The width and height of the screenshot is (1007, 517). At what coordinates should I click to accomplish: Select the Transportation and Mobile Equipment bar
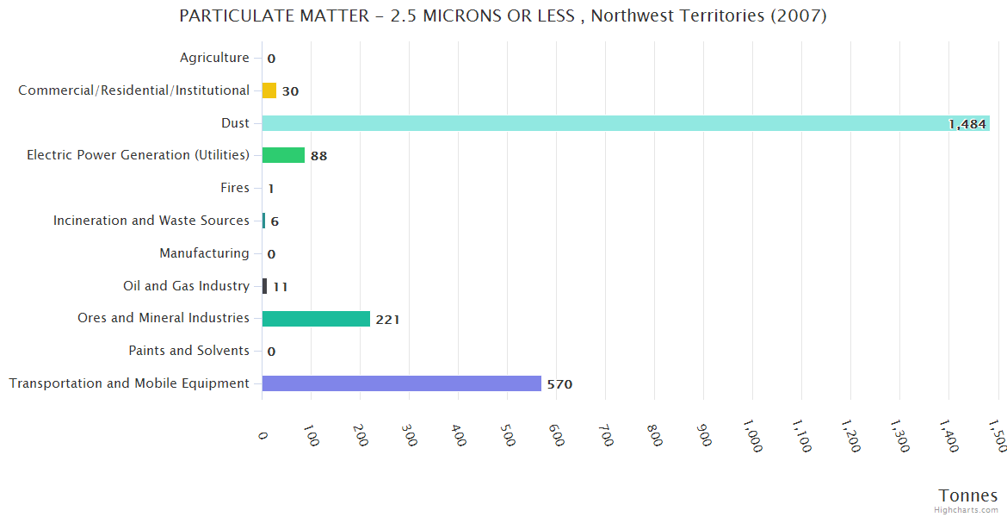(401, 383)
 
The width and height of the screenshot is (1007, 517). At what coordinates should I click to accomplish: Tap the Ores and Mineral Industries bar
(316, 319)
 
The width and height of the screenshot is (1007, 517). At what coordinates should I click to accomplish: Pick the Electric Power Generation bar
(283, 155)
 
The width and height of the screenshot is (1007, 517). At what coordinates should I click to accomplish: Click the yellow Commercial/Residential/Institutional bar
(269, 90)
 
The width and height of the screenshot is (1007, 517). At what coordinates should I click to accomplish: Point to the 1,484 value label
(967, 124)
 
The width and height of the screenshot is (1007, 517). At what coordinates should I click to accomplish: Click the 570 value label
(559, 384)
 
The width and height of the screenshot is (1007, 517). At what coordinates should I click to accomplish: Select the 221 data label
(387, 320)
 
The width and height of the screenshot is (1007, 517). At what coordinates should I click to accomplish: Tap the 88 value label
(318, 156)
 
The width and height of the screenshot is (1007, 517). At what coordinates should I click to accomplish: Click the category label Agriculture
(214, 58)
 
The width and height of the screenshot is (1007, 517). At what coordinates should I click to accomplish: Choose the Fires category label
(235, 188)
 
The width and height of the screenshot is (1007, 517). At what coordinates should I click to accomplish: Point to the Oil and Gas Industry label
(186, 285)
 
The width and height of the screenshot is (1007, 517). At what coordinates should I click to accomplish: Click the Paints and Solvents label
(188, 351)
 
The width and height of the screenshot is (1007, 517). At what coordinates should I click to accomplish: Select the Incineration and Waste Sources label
(151, 221)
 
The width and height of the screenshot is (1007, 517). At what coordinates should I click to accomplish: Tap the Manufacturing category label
(204, 253)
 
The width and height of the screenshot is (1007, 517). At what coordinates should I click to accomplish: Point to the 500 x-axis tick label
(509, 436)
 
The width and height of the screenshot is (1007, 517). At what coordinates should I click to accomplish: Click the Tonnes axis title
(967, 495)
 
